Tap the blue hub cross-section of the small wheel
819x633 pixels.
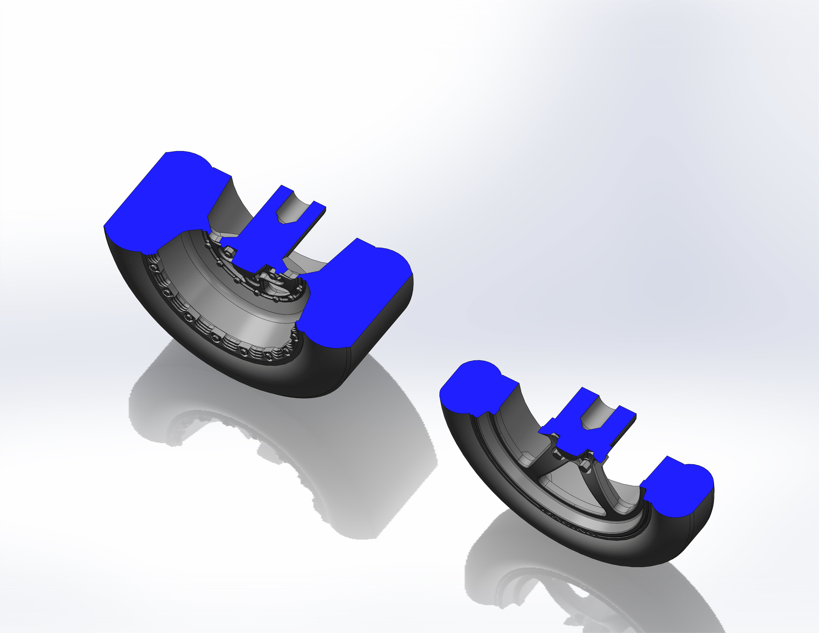[x=574, y=435]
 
